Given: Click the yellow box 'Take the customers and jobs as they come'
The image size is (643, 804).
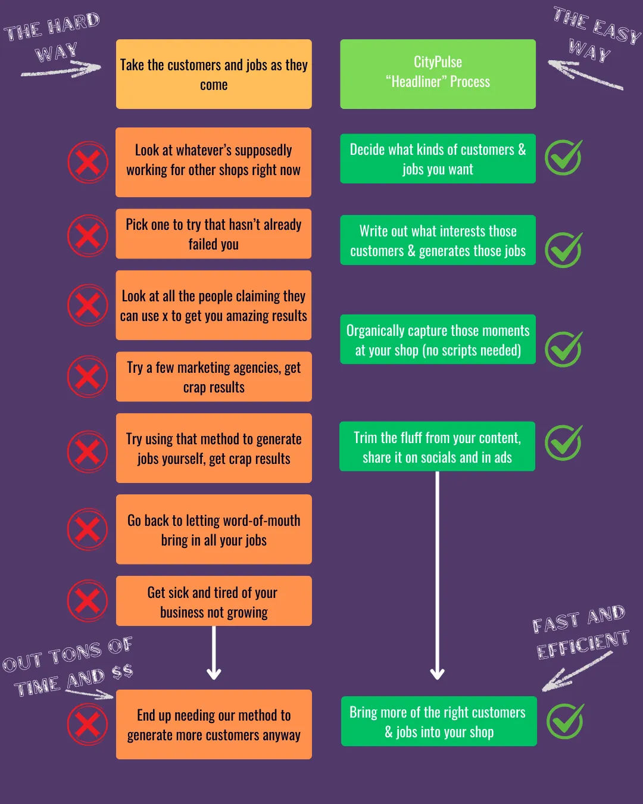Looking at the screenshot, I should pos(214,74).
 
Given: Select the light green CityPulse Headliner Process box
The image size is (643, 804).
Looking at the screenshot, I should pos(438,74).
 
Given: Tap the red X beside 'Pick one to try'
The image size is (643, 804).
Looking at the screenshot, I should pos(88,236).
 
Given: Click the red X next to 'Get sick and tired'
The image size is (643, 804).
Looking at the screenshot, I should pos(88,600).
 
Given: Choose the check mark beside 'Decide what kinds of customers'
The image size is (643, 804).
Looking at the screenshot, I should pos(563,158).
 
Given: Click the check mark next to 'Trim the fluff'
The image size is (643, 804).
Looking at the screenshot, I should pos(563,443).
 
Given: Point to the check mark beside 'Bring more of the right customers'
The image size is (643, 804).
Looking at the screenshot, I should pos(564,721).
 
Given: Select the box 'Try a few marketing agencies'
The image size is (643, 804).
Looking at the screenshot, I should pos(214,377).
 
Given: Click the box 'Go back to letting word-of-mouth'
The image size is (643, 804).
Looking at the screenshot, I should pos(214,529).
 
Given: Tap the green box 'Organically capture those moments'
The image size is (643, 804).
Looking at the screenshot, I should pos(438,339).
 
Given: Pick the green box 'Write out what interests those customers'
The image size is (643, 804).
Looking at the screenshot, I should pos(438,240).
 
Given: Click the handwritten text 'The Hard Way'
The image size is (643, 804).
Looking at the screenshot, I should pos(54,39).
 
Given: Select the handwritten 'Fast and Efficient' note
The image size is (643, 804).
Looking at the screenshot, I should pos(580,632).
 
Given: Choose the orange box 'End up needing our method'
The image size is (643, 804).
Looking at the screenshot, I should pos(214,724).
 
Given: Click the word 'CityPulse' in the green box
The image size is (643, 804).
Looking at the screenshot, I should pos(438,62).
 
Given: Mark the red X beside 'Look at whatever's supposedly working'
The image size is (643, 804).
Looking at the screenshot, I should pos(88,162).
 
